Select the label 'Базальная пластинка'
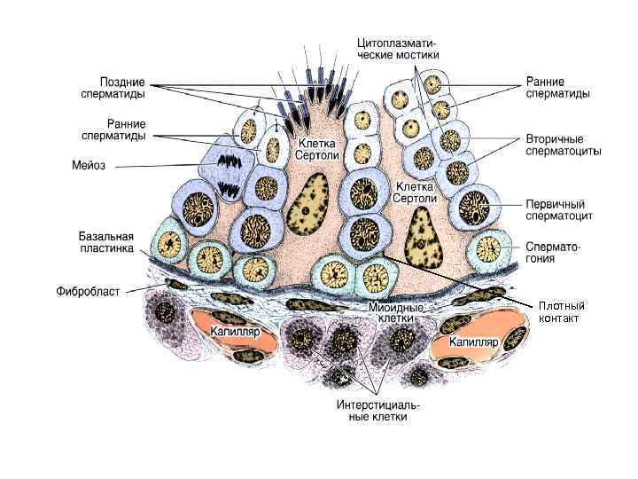[104, 242]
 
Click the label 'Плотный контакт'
[562, 312]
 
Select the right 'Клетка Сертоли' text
[414, 192]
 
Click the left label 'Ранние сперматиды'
[114, 130]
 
